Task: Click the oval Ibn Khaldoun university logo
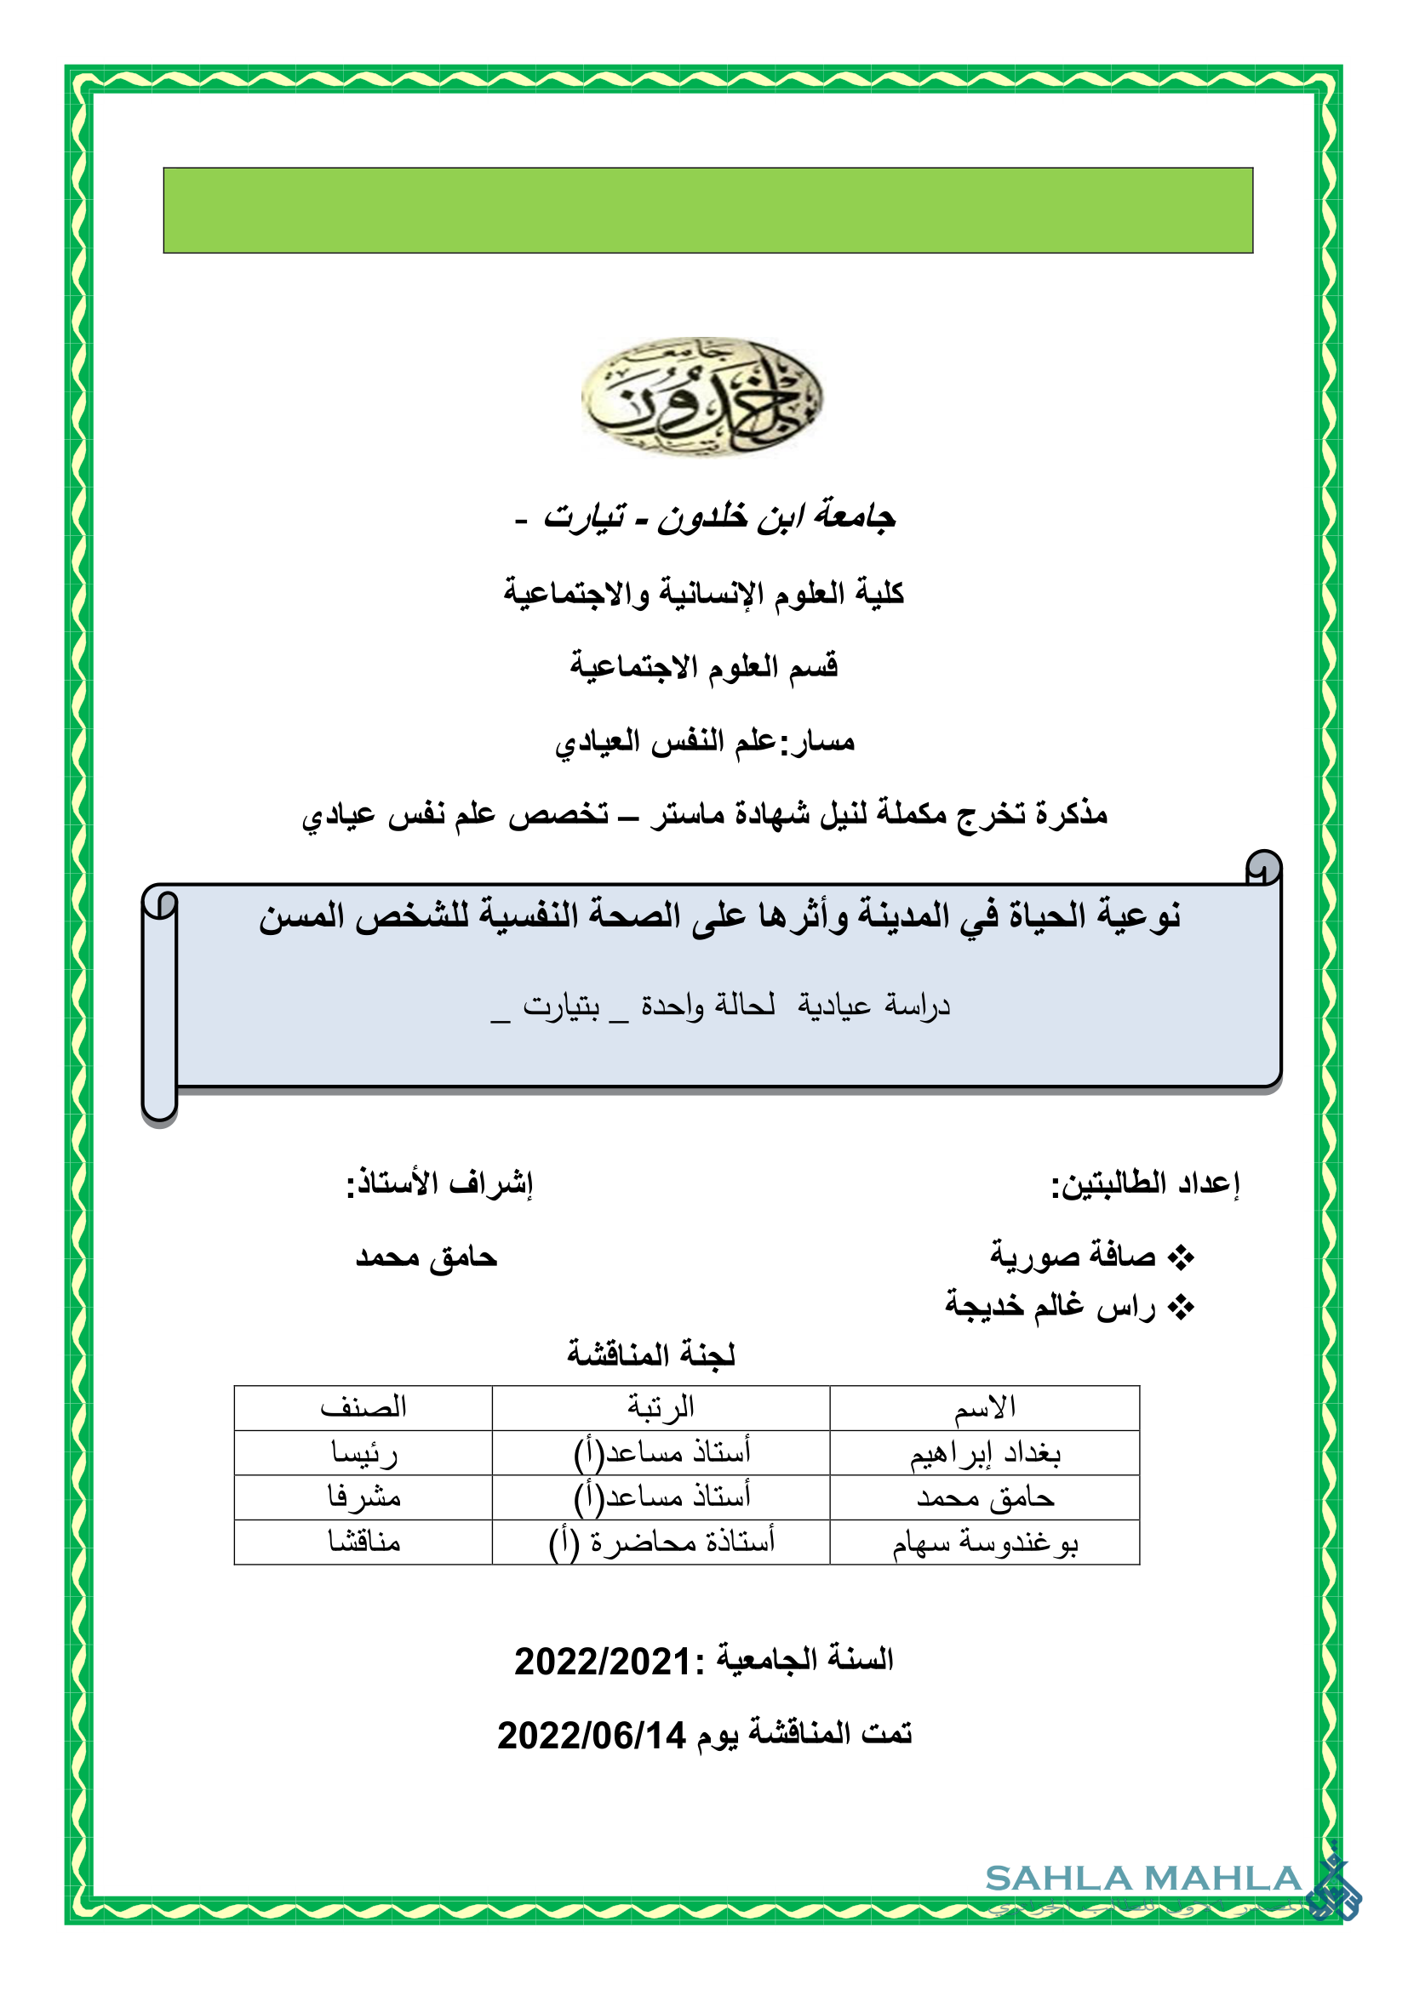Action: coord(701,396)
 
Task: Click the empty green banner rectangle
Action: coord(707,211)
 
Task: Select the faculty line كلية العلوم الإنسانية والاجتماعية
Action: coord(704,594)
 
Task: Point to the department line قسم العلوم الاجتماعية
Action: coord(704,666)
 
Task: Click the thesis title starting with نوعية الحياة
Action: coord(719,917)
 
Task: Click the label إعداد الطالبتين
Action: coord(1145,1183)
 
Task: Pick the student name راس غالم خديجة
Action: coord(1050,1305)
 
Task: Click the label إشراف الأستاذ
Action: coord(439,1183)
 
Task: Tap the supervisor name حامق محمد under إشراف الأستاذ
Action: coord(426,1257)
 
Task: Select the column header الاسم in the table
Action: coord(984,1407)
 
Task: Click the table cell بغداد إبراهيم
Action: coord(985,1452)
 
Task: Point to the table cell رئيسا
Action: coord(364,1452)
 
